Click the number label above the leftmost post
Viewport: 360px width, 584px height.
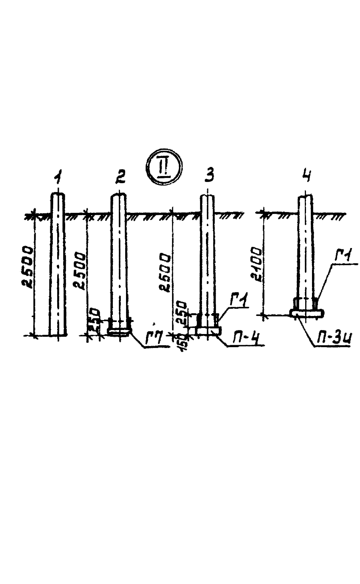click(x=60, y=175)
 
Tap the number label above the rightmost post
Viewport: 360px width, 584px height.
click(x=306, y=174)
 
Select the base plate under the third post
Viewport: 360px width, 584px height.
click(x=208, y=331)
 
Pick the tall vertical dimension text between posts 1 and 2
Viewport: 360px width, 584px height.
click(x=80, y=276)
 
